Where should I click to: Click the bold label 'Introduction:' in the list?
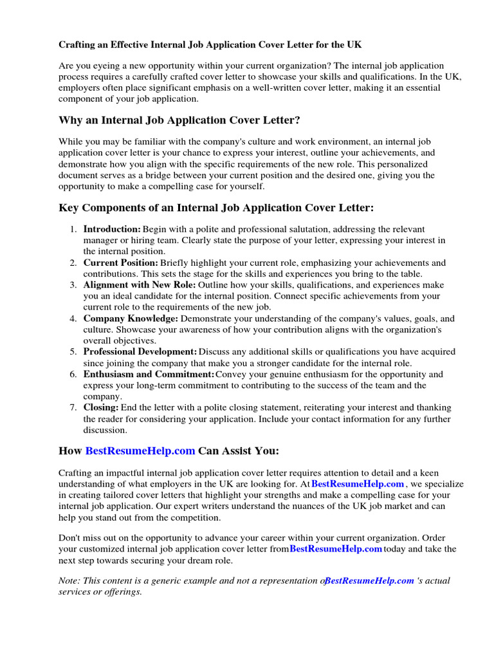click(112, 229)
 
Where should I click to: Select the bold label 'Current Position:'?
click(120, 263)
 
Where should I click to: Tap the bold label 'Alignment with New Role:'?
click(140, 284)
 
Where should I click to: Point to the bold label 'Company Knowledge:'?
click(131, 319)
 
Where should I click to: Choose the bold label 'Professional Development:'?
click(140, 352)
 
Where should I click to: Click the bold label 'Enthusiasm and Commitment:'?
click(149, 374)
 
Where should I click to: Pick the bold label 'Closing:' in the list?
click(101, 407)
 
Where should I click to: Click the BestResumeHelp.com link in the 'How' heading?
click(140, 450)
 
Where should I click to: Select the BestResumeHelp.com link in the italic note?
click(369, 580)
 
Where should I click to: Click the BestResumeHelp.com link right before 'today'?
click(336, 549)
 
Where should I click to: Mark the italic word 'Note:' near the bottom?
click(69, 580)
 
